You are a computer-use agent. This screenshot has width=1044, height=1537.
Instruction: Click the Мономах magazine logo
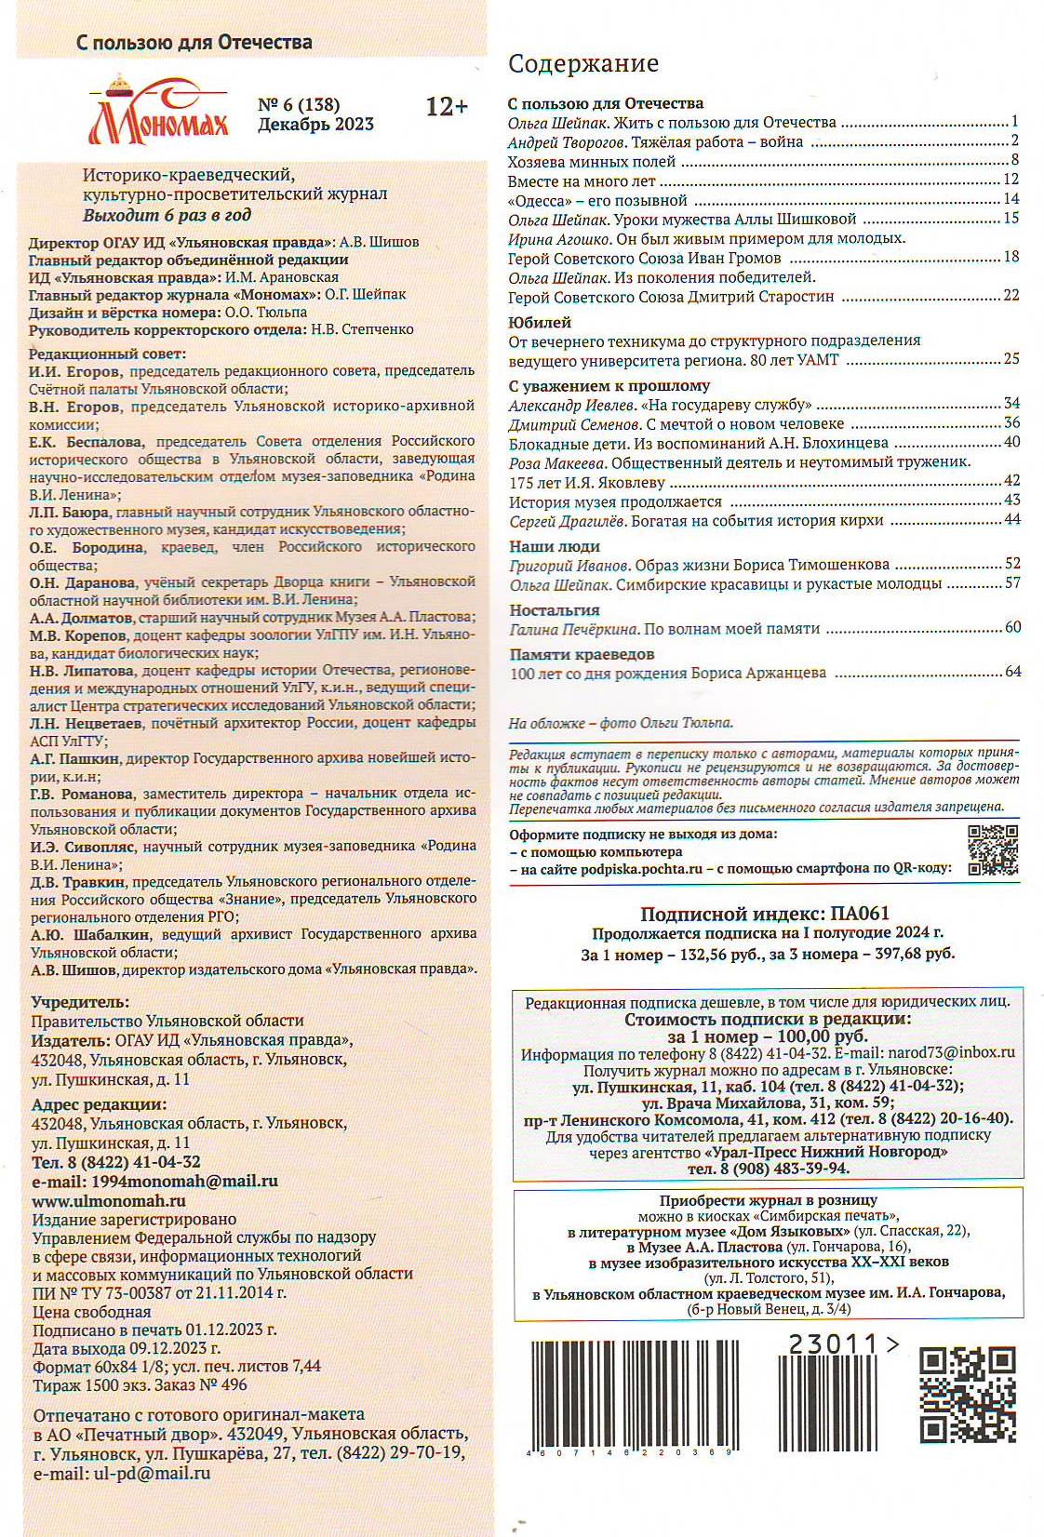pyautogui.click(x=158, y=113)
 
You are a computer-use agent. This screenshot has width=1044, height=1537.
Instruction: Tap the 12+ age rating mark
pyautogui.click(x=447, y=107)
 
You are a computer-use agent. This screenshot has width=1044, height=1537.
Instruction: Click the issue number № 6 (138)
pyautogui.click(x=299, y=104)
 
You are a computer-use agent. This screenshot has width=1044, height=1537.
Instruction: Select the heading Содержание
pyautogui.click(x=583, y=63)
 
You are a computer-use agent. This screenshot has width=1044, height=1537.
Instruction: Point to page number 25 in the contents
pyautogui.click(x=1011, y=359)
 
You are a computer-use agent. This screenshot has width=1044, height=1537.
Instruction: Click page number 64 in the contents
pyautogui.click(x=1012, y=672)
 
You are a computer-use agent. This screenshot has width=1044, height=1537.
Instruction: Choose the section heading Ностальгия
pyautogui.click(x=555, y=610)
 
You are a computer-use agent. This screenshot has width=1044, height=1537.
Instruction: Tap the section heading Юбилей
pyautogui.click(x=540, y=323)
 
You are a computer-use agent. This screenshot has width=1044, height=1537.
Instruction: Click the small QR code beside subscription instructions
pyautogui.click(x=993, y=850)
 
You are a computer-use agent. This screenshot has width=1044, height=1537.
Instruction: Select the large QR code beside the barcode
pyautogui.click(x=967, y=1394)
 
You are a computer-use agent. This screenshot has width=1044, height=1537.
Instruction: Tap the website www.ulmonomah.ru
pyautogui.click(x=109, y=1200)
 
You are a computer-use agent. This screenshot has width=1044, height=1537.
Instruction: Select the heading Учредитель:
pyautogui.click(x=80, y=1002)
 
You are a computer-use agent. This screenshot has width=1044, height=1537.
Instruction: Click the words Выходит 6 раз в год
pyautogui.click(x=167, y=215)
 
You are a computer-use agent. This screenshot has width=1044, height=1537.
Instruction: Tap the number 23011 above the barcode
pyautogui.click(x=833, y=1344)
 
